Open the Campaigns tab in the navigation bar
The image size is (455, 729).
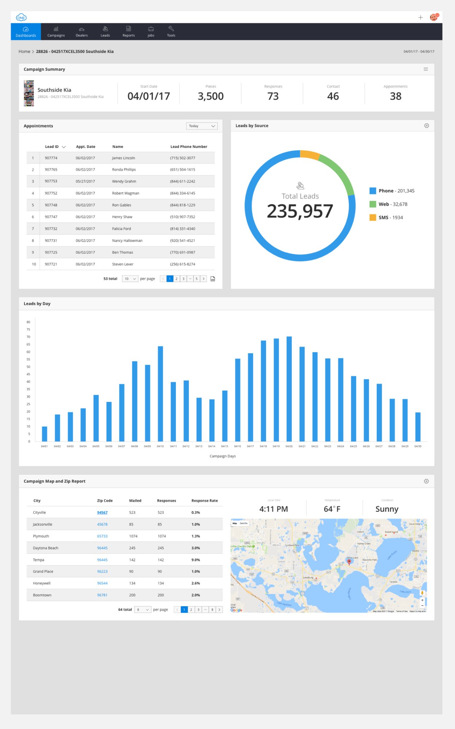click(56, 32)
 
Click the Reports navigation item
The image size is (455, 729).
click(128, 32)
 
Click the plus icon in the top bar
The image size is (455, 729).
click(420, 17)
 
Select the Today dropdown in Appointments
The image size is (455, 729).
click(202, 126)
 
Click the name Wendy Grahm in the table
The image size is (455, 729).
click(124, 182)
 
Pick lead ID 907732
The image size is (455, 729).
click(51, 229)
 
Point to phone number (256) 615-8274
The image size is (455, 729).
click(182, 264)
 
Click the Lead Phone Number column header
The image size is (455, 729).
click(189, 147)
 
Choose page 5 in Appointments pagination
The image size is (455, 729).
click(196, 279)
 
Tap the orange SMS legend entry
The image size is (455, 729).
click(386, 218)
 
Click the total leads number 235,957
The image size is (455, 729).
click(300, 211)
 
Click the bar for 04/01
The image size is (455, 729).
click(45, 434)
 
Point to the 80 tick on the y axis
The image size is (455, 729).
click(28, 322)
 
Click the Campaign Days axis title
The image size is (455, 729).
click(223, 456)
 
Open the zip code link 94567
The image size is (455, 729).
click(102, 512)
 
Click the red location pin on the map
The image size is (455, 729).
click(349, 562)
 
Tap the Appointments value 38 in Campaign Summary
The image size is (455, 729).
click(396, 96)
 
